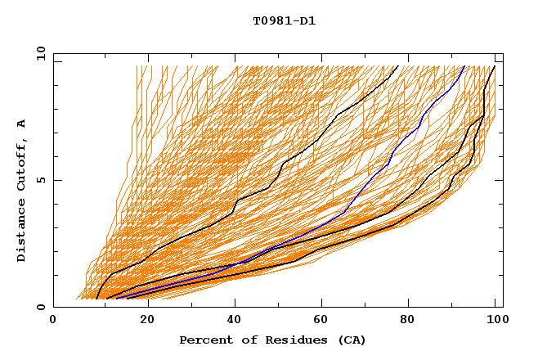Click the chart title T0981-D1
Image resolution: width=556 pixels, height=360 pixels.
click(x=284, y=21)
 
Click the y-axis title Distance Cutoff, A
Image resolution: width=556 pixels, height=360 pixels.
click(x=21, y=190)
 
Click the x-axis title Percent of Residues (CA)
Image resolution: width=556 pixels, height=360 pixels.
click(x=272, y=340)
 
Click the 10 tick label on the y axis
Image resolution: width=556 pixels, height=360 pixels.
click(x=40, y=53)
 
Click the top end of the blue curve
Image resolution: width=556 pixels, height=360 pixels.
click(x=464, y=66)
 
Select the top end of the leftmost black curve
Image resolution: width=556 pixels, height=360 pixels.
click(x=397, y=66)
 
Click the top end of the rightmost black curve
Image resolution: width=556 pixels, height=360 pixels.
click(x=494, y=66)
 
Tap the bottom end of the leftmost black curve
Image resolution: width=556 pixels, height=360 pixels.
click(x=96, y=299)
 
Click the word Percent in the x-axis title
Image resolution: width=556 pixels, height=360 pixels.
click(x=205, y=340)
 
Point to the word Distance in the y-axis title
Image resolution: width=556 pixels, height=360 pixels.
click(x=21, y=227)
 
